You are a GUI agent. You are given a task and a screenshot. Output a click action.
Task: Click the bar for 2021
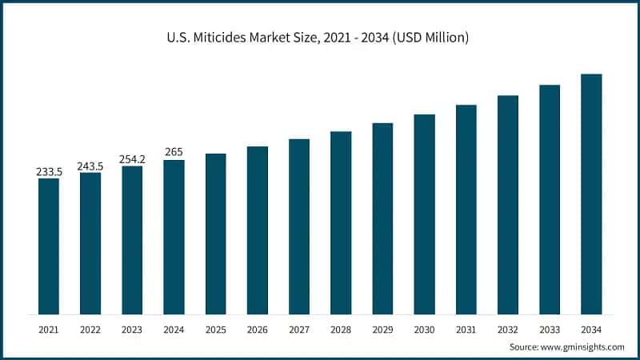tap(49, 246)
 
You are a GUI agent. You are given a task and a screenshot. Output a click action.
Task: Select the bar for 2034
tap(591, 194)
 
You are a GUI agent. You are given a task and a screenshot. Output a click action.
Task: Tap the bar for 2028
tap(341, 222)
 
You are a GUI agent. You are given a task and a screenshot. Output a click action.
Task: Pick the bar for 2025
tap(216, 234)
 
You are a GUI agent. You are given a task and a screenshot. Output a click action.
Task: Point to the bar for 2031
tap(466, 209)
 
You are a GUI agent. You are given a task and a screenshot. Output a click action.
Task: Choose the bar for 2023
tap(132, 240)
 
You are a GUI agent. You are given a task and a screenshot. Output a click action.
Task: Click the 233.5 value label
tap(49, 171)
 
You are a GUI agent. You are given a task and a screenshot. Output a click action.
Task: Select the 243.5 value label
tap(90, 166)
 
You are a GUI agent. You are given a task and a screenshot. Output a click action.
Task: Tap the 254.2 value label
tap(132, 158)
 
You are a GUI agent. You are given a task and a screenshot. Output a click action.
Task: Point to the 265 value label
tap(174, 152)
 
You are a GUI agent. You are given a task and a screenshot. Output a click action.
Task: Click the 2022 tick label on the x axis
tap(90, 329)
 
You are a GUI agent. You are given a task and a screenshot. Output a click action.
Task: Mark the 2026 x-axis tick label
tap(258, 329)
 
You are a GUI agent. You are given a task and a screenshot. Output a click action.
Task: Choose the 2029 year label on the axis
tap(382, 329)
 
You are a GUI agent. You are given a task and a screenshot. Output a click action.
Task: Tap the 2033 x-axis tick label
tap(550, 329)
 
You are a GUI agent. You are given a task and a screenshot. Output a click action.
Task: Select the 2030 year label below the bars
tap(424, 329)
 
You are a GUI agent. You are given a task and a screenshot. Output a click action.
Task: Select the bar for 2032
tap(508, 205)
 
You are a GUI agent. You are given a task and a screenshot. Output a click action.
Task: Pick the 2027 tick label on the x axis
tap(299, 329)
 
